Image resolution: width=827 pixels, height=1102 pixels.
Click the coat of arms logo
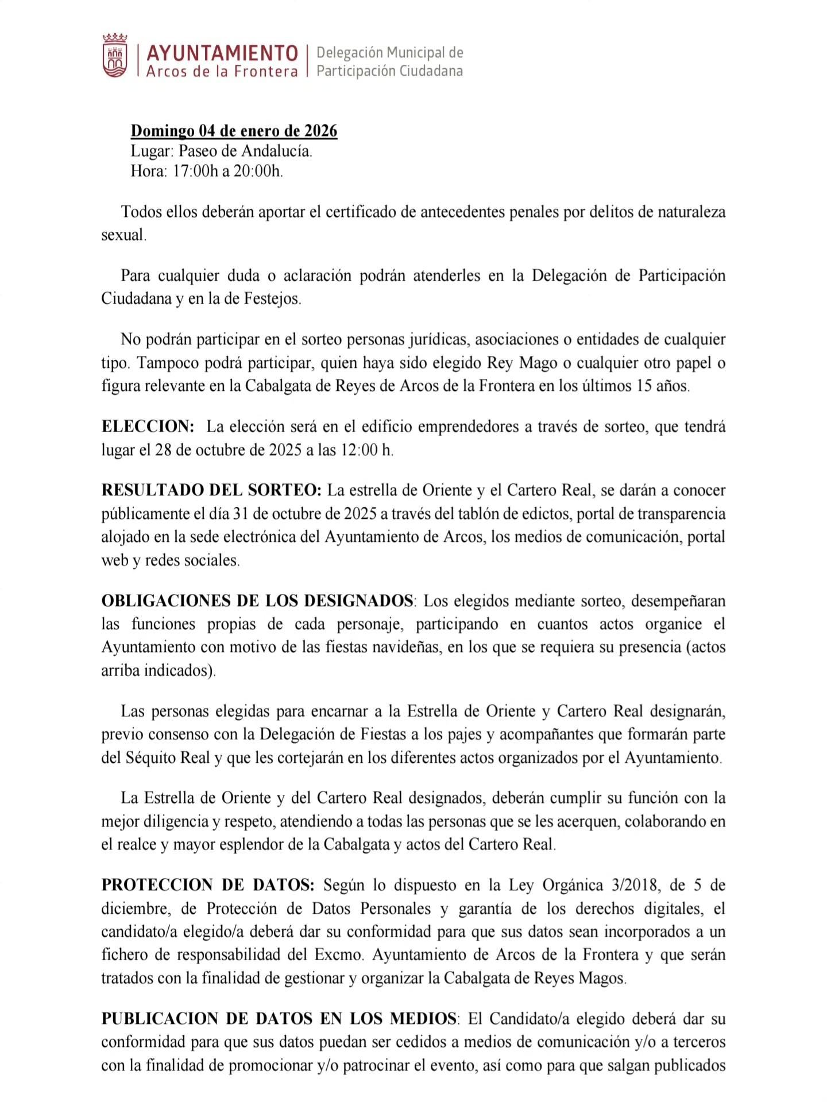(115, 56)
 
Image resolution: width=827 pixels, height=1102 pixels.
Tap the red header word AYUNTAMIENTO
(222, 53)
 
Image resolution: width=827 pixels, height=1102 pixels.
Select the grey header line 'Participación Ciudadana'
(389, 71)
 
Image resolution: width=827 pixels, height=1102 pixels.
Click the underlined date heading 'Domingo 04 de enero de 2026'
(234, 131)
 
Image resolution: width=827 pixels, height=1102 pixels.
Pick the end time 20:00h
(257, 171)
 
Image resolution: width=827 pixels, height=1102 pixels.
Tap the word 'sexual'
(123, 235)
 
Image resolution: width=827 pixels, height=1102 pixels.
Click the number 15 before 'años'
(643, 386)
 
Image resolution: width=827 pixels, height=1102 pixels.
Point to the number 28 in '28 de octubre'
(163, 449)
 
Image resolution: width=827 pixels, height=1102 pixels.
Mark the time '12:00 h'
(366, 449)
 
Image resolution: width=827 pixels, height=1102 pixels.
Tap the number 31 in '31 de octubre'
(241, 514)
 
